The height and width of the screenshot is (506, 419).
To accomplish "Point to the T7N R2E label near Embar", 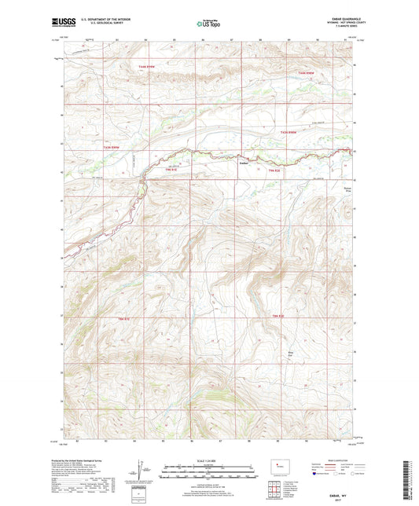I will tap(274, 170).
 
